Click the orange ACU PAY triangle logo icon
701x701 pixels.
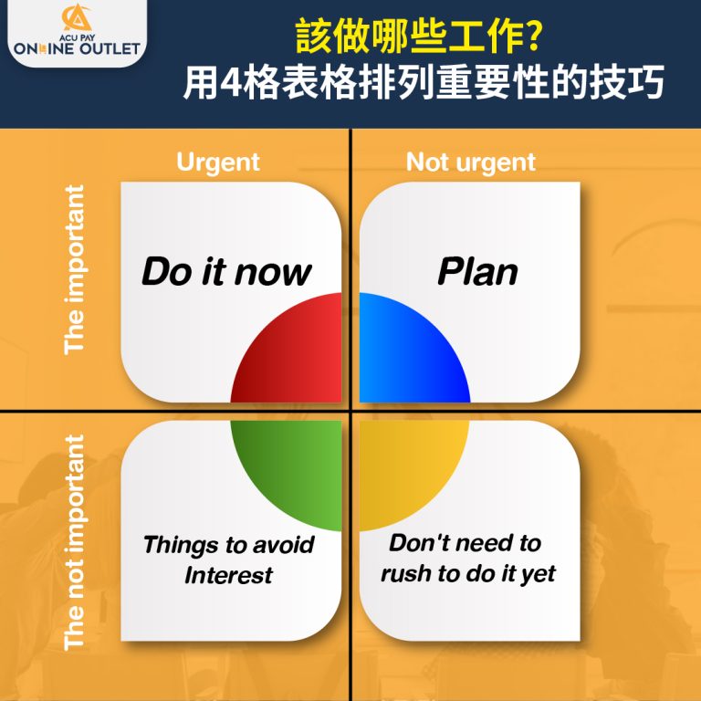(x=77, y=17)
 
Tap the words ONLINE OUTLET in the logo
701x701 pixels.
(x=77, y=48)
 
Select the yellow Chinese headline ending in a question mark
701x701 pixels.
(x=418, y=37)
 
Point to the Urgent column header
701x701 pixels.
(x=218, y=162)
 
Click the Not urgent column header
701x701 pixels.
(x=471, y=162)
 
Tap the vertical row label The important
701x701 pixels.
(x=74, y=270)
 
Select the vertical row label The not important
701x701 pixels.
(x=74, y=542)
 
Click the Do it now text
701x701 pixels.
(x=226, y=272)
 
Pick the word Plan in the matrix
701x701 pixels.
(x=477, y=271)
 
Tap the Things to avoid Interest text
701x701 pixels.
(x=228, y=560)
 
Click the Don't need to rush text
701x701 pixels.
(x=467, y=559)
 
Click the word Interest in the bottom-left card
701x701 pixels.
(x=228, y=575)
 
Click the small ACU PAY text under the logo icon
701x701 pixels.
(x=77, y=38)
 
